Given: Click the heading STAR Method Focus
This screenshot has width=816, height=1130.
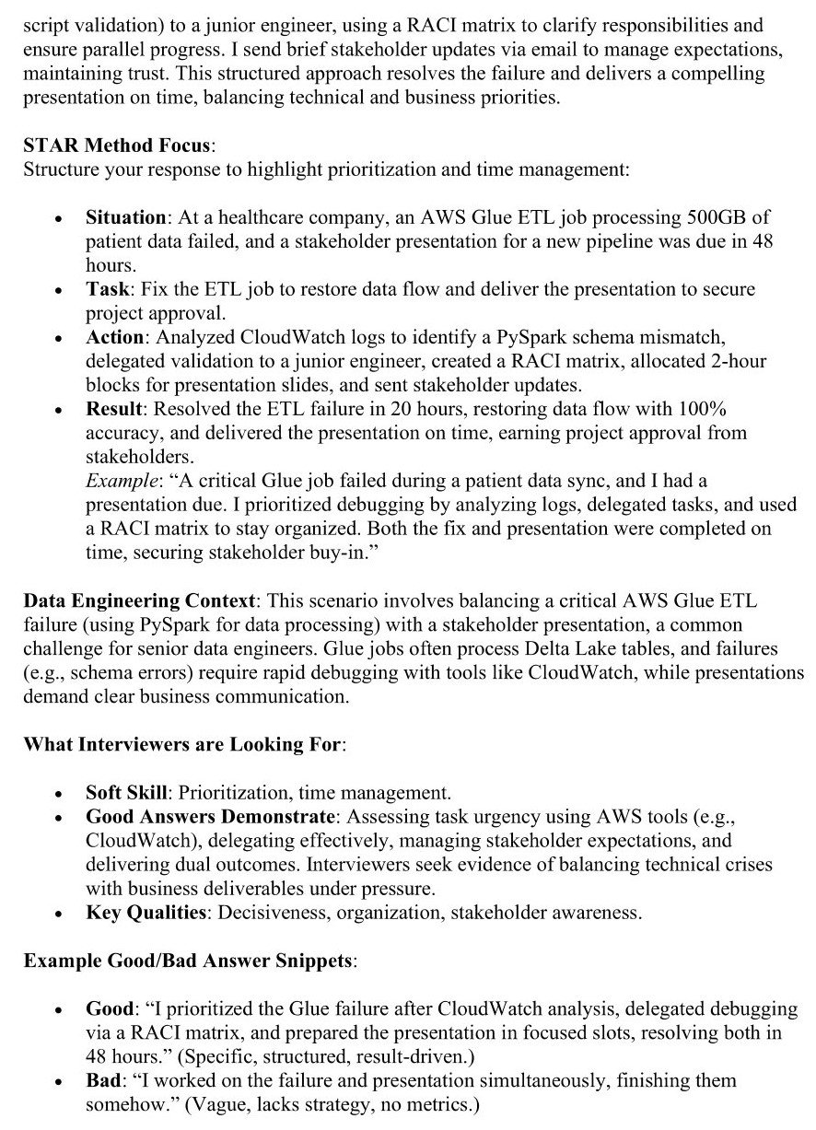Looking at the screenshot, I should coord(117,146).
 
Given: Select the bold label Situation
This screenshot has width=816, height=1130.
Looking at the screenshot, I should coord(125,218).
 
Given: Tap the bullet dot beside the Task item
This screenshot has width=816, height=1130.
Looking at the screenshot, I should coord(58,290).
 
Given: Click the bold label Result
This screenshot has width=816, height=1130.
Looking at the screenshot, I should coord(112,409).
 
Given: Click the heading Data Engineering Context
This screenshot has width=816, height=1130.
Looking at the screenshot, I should coord(139,601).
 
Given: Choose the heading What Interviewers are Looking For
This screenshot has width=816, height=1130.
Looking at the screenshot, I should coord(182,744).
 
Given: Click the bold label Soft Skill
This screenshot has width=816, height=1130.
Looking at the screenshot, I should coord(127,793).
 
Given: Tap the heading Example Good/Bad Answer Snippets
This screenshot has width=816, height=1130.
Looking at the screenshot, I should coord(189,961).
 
